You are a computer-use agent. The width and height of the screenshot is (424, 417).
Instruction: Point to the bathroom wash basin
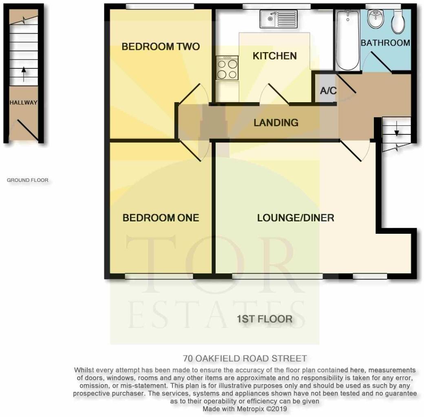(374, 19)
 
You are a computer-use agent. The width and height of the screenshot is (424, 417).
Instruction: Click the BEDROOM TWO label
(161, 46)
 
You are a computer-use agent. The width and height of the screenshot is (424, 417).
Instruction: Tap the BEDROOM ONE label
(161, 218)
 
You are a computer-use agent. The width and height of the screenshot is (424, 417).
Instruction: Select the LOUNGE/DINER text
(296, 218)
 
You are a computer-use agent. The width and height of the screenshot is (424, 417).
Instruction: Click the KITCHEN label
(274, 56)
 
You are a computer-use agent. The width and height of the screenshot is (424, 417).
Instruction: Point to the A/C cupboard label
(328, 91)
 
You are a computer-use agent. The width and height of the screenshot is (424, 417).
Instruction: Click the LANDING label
(276, 122)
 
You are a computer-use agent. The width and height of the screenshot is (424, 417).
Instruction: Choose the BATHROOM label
(385, 43)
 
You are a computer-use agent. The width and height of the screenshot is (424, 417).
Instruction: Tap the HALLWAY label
(24, 103)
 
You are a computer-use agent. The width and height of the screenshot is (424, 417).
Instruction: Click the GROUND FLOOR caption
(27, 180)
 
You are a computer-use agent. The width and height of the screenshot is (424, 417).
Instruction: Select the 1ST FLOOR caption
(265, 319)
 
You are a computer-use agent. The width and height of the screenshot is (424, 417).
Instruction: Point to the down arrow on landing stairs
(396, 129)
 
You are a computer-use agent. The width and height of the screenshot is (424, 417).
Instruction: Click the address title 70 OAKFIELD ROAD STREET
(245, 359)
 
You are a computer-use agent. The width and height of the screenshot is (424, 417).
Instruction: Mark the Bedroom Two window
(159, 6)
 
